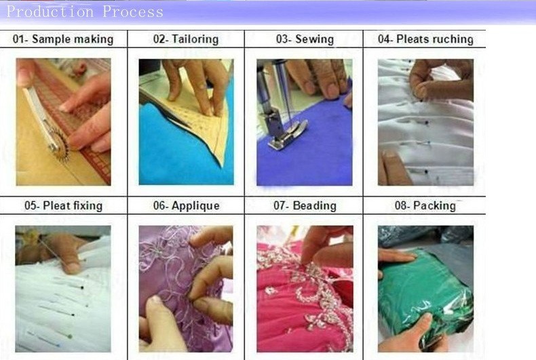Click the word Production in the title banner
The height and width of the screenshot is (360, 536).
point(50,12)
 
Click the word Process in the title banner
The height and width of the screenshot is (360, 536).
point(133,12)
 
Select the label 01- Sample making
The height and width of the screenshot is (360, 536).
point(63,39)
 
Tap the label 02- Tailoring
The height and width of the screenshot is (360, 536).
point(186,39)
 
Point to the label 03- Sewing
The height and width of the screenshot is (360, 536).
point(305,39)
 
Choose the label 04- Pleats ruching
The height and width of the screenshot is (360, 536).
point(425,39)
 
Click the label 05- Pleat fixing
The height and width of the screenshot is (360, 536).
point(63,205)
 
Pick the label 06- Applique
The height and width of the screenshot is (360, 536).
point(187,205)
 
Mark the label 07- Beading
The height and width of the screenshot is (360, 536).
point(305,205)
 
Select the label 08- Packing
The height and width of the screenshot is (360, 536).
point(425,205)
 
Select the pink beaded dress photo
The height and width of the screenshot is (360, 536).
point(305,289)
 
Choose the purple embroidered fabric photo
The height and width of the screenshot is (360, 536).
point(186,289)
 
